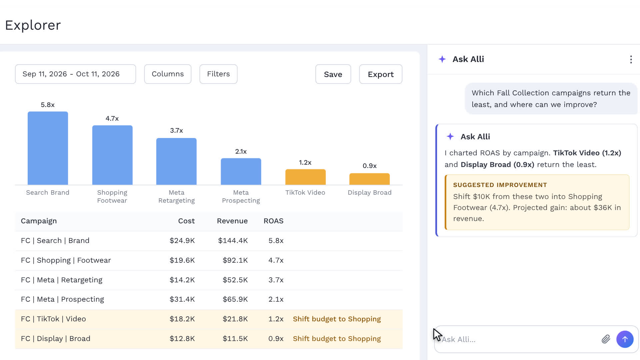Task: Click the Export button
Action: tap(381, 74)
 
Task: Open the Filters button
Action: tap(218, 74)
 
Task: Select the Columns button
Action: tap(168, 74)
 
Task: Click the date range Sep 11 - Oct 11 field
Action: tap(75, 74)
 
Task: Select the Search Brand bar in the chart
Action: tap(48, 148)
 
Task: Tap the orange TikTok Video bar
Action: tap(305, 177)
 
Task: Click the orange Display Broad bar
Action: tap(369, 179)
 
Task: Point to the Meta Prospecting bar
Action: tap(241, 171)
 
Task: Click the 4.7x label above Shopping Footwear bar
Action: tap(112, 118)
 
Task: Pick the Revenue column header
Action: tap(232, 221)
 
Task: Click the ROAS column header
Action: tap(273, 221)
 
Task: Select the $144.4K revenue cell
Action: tap(233, 241)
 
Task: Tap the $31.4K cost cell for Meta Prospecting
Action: tap(182, 299)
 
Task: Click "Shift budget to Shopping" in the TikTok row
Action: tap(337, 319)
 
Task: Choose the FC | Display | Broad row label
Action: tap(56, 339)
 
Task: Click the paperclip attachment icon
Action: tap(606, 339)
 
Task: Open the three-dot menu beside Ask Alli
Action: tap(631, 59)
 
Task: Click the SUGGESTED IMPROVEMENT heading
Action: tap(500, 185)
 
